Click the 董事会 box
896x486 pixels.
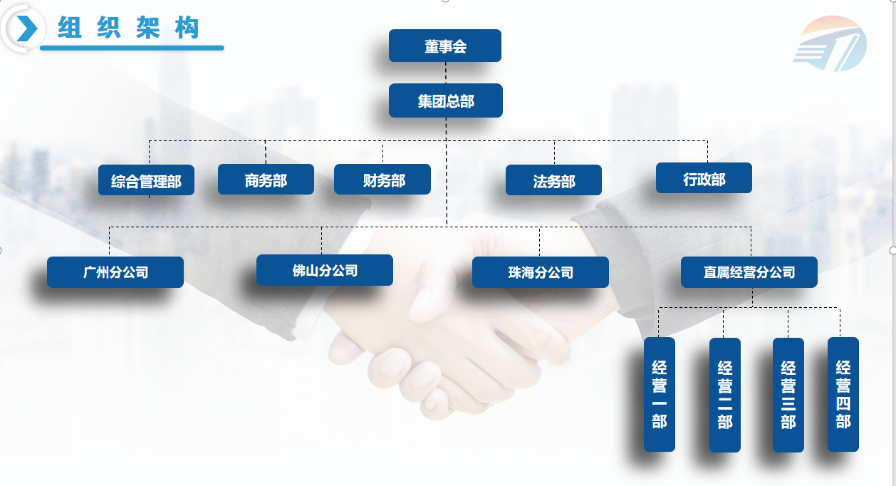click(445, 46)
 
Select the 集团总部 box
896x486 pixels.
click(446, 101)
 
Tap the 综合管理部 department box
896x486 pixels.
click(146, 181)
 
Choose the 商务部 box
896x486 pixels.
click(266, 180)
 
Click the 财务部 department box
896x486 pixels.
click(382, 180)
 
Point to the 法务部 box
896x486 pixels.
click(553, 180)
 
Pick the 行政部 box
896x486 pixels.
click(704, 178)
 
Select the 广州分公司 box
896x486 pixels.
click(115, 272)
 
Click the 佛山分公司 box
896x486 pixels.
click(325, 270)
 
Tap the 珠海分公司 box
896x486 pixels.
click(541, 272)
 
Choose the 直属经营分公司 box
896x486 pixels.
click(749, 272)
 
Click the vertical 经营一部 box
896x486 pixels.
click(659, 394)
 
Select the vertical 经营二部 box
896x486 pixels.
click(725, 394)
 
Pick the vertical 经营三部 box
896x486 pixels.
click(788, 394)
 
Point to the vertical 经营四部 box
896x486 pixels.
click(843, 394)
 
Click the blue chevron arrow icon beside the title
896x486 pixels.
click(26, 29)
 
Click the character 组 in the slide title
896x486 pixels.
click(70, 28)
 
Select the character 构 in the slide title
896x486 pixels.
click(187, 28)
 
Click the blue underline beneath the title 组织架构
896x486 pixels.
click(132, 48)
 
